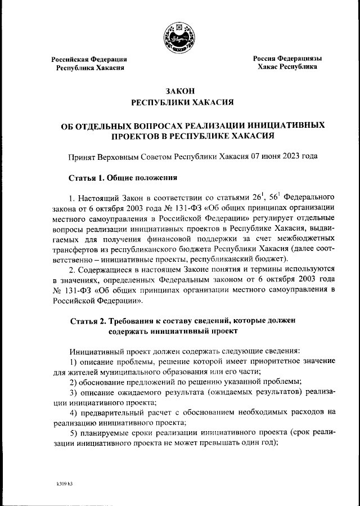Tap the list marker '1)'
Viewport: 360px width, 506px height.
73,360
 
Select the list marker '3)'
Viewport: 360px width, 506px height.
73,391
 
